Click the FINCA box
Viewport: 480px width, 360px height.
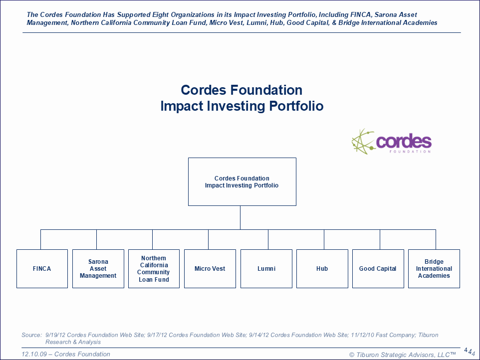tap(42, 269)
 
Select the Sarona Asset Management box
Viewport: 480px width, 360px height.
tap(98, 269)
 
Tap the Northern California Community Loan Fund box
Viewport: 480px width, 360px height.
tap(154, 269)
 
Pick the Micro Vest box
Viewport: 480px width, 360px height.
tap(210, 269)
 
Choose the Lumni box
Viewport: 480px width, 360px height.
tap(266, 269)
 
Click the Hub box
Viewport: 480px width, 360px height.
tap(322, 269)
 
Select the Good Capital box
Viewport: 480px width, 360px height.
tap(378, 269)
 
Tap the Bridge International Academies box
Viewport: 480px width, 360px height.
tap(434, 269)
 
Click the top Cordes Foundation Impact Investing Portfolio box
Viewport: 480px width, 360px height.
tap(242, 182)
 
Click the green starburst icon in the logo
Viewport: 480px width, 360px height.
tap(363, 142)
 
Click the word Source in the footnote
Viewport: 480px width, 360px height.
tap(31, 335)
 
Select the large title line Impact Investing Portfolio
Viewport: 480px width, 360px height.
tap(242, 106)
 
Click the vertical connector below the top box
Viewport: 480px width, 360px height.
tap(240, 217)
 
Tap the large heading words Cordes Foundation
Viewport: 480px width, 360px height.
tap(241, 90)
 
